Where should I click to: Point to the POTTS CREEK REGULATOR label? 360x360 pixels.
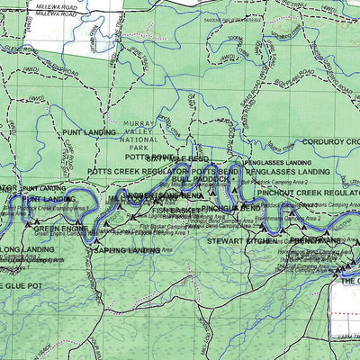(138, 170)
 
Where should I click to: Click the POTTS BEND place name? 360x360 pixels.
(216, 170)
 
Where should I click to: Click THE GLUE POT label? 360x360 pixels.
(20, 285)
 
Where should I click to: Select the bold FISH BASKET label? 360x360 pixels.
(175, 211)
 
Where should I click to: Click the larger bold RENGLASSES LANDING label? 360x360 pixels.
(287, 170)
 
